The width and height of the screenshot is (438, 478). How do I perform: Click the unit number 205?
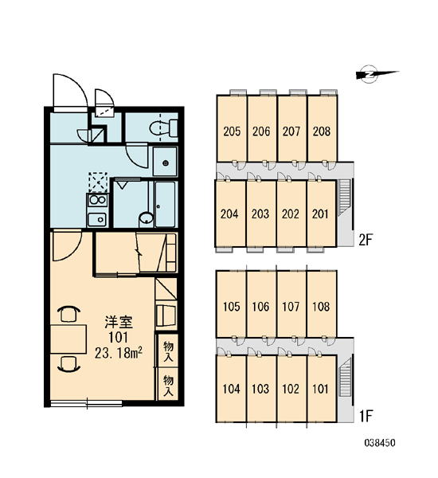(232, 131)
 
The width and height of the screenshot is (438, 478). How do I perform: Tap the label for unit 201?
(320, 214)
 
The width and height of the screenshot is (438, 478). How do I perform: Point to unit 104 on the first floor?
(232, 389)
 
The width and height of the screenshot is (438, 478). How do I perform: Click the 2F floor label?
(366, 241)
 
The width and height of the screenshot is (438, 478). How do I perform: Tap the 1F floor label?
(366, 416)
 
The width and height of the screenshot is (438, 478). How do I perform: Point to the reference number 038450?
(380, 443)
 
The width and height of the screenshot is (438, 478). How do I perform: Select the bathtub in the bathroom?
(165, 205)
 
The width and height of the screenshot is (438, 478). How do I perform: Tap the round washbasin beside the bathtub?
(146, 219)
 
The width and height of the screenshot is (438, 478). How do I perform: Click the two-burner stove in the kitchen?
(97, 200)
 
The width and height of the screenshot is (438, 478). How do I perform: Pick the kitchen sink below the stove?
(97, 219)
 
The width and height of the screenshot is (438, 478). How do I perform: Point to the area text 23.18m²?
(119, 353)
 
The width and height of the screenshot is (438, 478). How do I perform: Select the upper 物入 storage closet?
(168, 351)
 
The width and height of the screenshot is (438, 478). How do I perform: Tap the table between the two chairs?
(68, 339)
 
